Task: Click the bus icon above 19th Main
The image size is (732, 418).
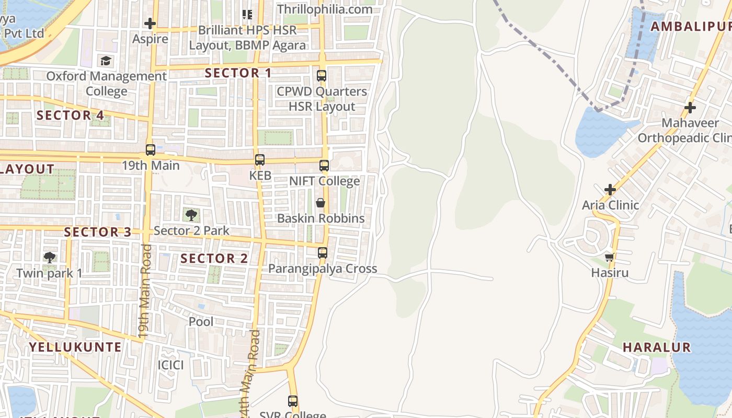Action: coord(151,150)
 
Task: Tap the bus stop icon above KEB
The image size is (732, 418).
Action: coord(260,160)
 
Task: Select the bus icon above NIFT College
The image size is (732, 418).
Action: coord(324,166)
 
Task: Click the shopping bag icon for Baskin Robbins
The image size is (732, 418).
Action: coord(320,203)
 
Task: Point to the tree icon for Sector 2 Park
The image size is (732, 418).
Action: coord(191,214)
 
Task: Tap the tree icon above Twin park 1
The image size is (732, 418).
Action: coord(50,257)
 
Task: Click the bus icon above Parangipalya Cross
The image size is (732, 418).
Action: coord(323,253)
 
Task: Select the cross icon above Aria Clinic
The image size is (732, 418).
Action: coord(610,189)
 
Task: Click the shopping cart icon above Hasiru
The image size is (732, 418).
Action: coord(609,257)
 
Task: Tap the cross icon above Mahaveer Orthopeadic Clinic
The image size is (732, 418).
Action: coord(690,108)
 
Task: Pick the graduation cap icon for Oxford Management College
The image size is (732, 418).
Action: coord(106,61)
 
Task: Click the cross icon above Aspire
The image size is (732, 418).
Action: coord(150,24)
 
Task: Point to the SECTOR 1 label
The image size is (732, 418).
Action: coord(238,73)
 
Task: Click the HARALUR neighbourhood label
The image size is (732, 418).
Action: coord(657,347)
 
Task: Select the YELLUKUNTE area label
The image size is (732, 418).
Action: coord(75,347)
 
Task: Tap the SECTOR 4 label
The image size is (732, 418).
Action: coord(71,115)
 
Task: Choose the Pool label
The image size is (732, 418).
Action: coord(201,322)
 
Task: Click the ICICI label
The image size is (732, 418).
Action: coord(171,365)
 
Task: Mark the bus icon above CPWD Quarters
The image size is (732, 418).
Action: coord(322,76)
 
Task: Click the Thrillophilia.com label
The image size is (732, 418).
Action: coord(325,9)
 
